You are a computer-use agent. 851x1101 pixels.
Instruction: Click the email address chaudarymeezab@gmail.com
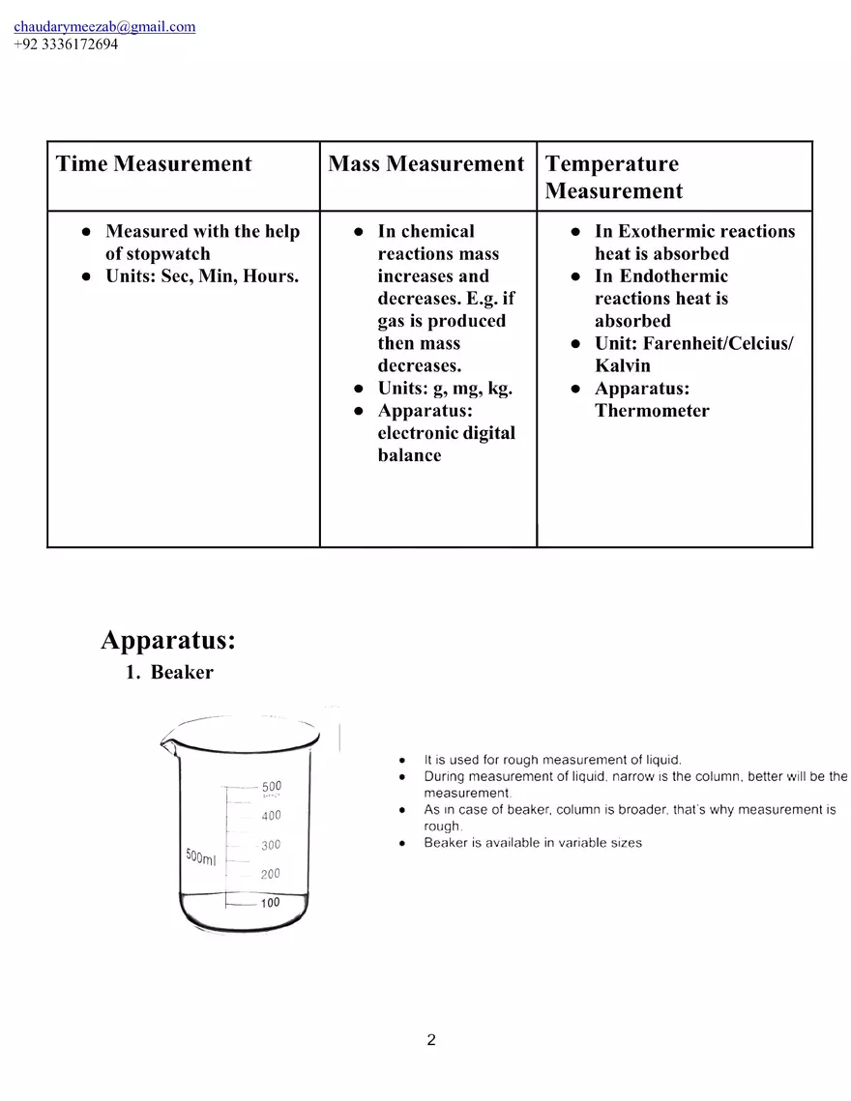coord(104,27)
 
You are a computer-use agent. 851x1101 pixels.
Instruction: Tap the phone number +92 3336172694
coord(66,44)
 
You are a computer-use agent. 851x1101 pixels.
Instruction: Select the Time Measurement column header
coord(154,164)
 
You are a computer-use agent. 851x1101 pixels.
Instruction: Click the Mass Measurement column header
coord(425,164)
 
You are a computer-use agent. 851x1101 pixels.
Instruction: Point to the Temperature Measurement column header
coord(613,177)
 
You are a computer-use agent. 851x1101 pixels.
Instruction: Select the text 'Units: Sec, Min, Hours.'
coord(202,276)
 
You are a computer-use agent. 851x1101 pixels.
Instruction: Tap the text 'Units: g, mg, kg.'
coord(445,389)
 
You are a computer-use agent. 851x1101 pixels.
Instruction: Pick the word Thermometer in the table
coord(652,411)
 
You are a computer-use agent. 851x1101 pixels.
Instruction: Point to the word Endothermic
coord(673,276)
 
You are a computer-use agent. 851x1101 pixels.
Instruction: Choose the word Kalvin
coord(623,366)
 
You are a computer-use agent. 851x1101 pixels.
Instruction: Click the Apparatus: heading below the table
coord(168,641)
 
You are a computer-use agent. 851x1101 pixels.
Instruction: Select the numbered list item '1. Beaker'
coord(170,673)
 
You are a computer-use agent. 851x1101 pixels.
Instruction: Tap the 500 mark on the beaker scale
coord(272,787)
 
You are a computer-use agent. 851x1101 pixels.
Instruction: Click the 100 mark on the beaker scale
coord(270,903)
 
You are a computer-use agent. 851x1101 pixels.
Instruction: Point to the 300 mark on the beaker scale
coord(271,845)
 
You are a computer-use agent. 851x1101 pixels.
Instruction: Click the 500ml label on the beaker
coord(202,857)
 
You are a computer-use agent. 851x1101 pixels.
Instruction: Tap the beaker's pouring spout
coord(166,744)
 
